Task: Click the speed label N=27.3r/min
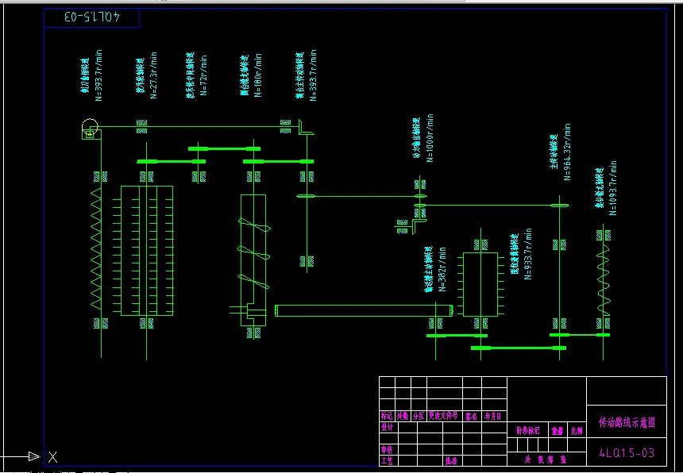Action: coord(154,75)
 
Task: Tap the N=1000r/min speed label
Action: coord(430,138)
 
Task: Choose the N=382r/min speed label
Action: coord(443,269)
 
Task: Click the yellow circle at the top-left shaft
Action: coord(90,126)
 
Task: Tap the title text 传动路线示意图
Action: coord(626,424)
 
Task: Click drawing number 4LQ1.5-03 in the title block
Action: coord(626,453)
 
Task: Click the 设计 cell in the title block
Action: coord(388,427)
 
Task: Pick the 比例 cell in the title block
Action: coord(577,431)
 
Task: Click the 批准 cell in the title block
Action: coord(451,460)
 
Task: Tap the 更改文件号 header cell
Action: coord(443,415)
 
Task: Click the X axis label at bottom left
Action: coord(52,456)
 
